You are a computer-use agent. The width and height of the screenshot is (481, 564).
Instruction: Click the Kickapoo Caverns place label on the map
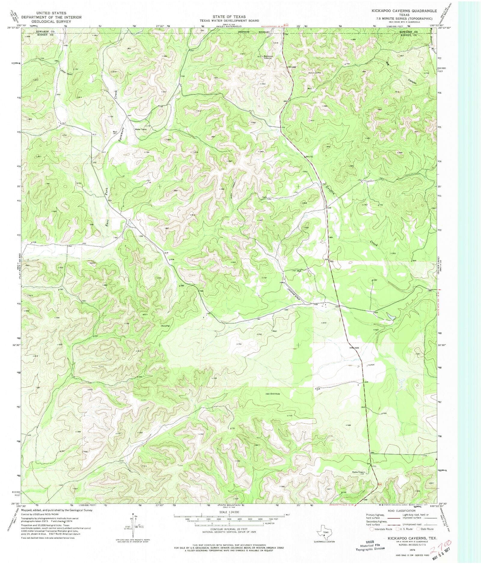point(268,57)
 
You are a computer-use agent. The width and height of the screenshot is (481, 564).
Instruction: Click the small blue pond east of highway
point(391,316)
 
